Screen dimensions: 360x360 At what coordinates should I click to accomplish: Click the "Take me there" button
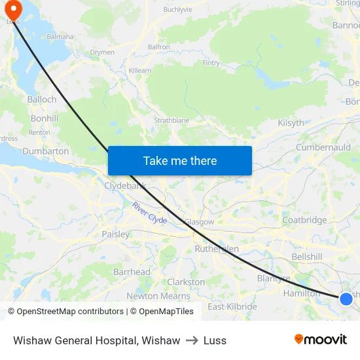pos(180,160)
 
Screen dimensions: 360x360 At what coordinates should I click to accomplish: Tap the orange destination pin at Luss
pos(13,9)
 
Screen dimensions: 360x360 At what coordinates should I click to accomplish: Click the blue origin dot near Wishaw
pos(346,299)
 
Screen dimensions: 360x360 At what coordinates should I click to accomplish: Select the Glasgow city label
pos(199,222)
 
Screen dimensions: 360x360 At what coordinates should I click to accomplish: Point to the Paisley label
pos(115,234)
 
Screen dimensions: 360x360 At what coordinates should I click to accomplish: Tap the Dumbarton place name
pos(46,151)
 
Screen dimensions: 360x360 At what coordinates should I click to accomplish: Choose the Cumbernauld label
pos(323,147)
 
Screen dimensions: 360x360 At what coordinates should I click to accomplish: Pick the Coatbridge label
pos(304,220)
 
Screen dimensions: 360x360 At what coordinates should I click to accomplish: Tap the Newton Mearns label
pos(158,296)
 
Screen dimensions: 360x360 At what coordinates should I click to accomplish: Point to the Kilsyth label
pos(291,122)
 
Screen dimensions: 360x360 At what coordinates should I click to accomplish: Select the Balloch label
pos(42,99)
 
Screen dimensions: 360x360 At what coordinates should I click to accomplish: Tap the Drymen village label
pos(102,52)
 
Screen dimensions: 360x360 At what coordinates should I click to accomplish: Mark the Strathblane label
pos(171,120)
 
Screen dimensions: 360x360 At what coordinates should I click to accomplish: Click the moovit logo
pos(321,339)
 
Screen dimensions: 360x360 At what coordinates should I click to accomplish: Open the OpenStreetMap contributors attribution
pos(65,312)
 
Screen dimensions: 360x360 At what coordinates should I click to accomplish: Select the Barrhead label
pos(132,272)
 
